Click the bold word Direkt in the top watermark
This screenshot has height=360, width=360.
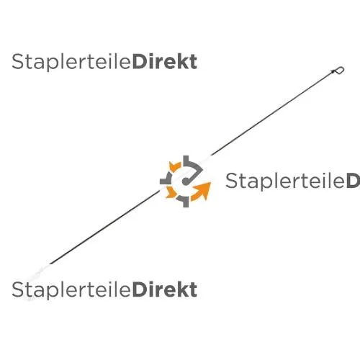165,62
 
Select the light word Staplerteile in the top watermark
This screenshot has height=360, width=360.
71,63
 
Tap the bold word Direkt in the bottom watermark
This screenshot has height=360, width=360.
165,289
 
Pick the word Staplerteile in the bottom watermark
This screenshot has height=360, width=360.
71,290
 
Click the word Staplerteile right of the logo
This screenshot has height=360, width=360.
285,181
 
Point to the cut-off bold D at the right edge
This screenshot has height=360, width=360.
354,181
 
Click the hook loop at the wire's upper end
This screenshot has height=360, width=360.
338,71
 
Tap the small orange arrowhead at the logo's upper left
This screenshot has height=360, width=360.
175,166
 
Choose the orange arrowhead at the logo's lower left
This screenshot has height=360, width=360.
171,192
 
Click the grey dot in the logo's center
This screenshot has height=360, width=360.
185,181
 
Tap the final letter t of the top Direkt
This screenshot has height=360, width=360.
194,63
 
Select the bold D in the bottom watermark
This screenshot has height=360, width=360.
139,289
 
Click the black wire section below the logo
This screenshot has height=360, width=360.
105,227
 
